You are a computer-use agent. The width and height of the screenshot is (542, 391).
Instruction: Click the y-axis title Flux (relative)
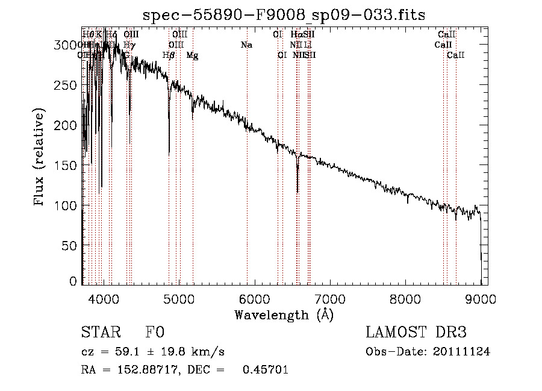point(40,158)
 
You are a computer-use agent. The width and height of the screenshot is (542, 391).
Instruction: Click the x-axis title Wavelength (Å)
point(284,314)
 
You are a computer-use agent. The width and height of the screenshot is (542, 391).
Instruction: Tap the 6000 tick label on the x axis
point(255,298)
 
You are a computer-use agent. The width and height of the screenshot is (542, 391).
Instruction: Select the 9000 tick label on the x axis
point(481,298)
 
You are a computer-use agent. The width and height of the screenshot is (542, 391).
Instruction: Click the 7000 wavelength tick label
point(330,298)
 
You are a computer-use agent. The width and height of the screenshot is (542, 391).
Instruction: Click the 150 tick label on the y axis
point(67,165)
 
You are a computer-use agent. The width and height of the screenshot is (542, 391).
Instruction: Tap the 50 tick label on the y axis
point(70,245)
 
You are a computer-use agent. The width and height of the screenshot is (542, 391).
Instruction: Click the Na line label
point(246,45)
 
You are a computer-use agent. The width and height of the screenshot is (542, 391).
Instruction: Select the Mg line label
point(192,55)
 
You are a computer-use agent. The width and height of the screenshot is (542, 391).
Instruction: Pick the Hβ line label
point(169,55)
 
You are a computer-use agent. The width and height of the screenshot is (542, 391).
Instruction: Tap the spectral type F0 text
point(155,333)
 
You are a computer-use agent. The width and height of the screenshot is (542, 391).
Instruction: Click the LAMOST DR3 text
point(416,333)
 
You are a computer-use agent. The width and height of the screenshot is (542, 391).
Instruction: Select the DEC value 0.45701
point(265,370)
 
